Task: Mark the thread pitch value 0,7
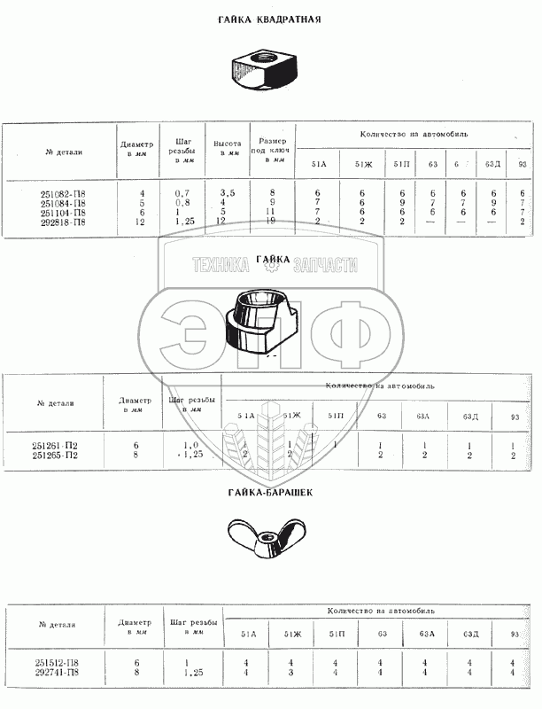pos(183,193)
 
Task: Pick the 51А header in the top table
pos(319,164)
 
